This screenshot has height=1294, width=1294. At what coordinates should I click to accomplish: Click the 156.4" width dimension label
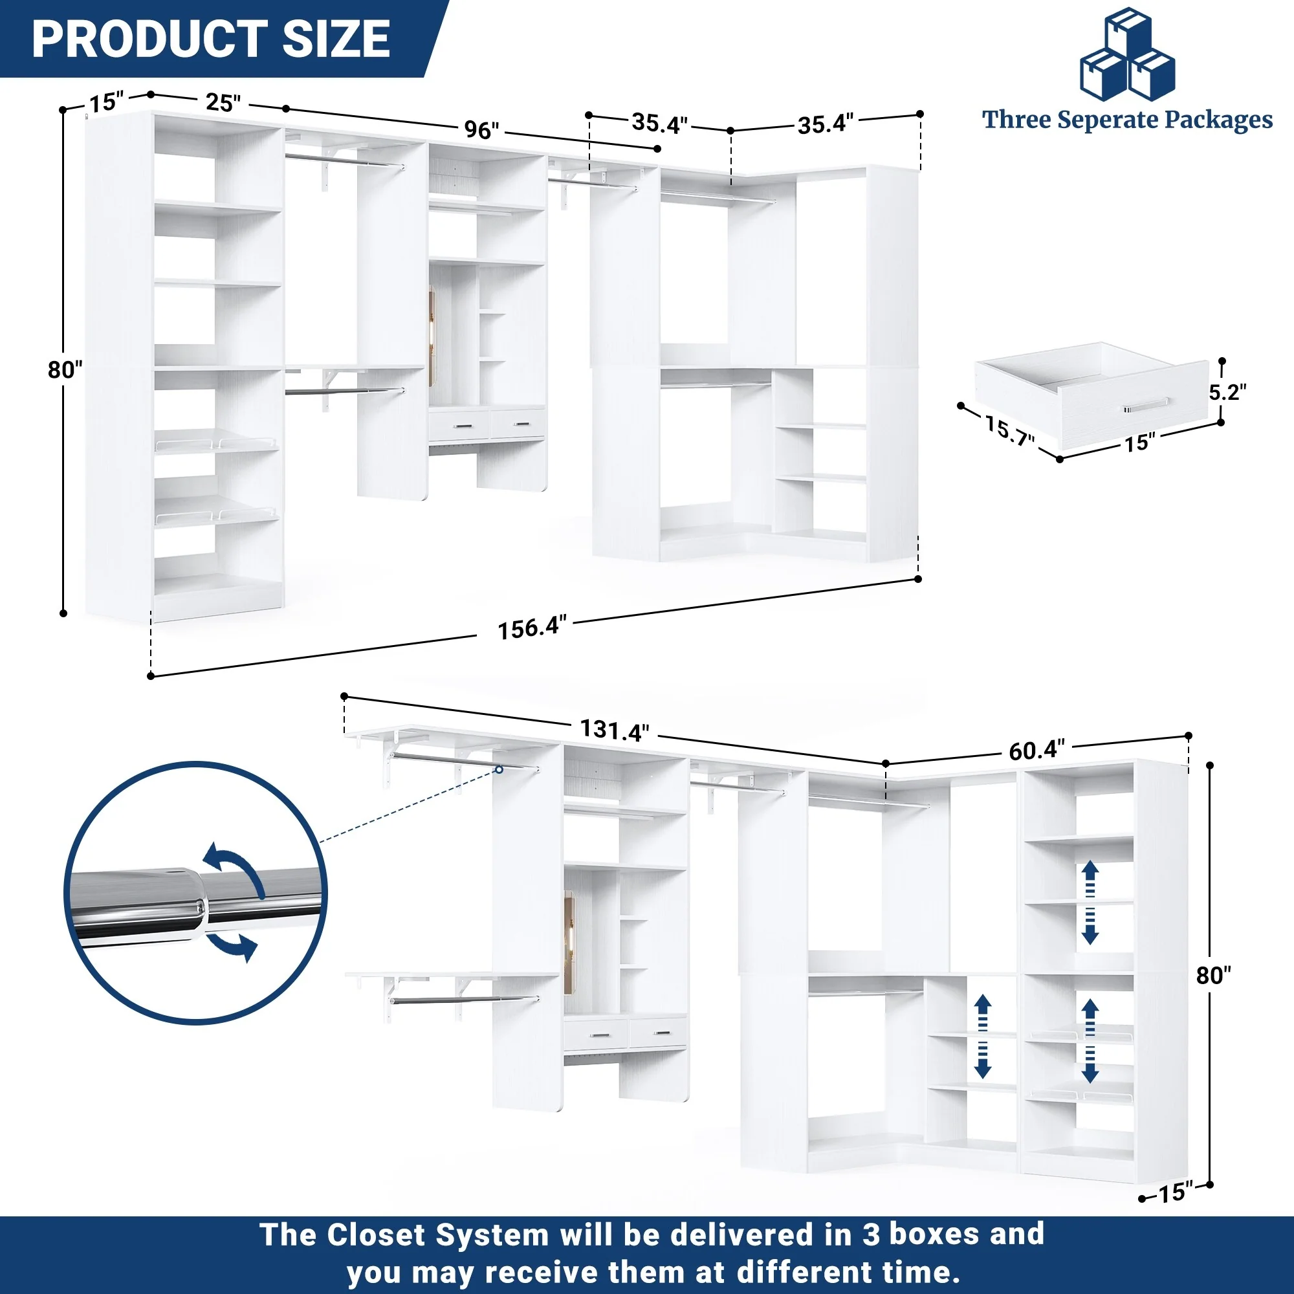click(532, 628)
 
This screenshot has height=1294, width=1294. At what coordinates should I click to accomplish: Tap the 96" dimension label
click(481, 129)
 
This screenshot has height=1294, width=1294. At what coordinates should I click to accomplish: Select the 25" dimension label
click(223, 102)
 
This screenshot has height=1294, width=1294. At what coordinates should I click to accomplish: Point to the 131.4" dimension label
click(614, 730)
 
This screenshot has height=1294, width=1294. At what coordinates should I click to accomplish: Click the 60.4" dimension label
click(1036, 750)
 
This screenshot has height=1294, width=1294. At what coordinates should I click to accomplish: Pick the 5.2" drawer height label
click(1227, 392)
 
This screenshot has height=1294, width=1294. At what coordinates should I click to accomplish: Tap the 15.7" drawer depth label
click(1009, 430)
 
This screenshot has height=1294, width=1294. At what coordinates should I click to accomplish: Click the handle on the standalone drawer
click(1146, 405)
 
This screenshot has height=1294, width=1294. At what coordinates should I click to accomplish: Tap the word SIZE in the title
click(336, 39)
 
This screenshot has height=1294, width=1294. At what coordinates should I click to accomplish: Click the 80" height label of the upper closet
click(65, 369)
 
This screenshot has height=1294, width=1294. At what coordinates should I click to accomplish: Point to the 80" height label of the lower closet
click(1214, 975)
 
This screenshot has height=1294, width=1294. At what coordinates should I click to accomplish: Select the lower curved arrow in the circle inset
click(232, 947)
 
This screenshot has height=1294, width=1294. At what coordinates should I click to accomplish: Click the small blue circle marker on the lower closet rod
click(499, 769)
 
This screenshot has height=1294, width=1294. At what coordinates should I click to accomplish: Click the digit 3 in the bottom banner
click(871, 1234)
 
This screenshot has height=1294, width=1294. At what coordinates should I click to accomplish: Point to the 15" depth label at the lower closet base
click(1176, 1193)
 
